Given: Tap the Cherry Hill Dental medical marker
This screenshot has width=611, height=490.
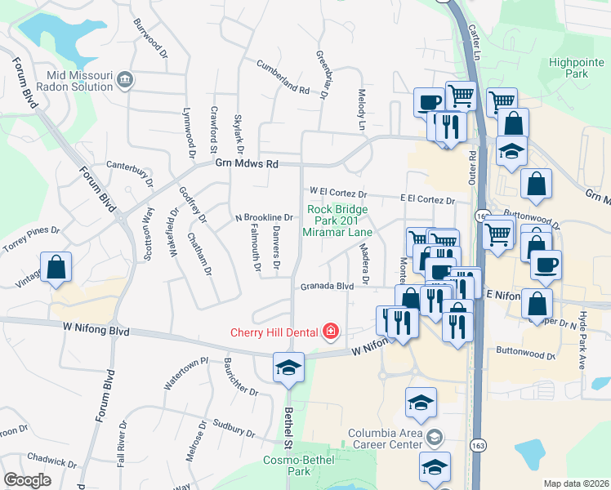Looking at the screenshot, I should coord(331,331).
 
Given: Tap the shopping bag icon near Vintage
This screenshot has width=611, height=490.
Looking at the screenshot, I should coord(56,267).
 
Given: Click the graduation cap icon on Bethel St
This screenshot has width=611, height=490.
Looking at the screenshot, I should coord(288,367).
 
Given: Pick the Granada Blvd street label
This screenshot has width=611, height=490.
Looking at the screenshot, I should coord(326,287).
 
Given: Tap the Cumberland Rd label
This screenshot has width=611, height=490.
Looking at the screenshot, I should coord(283,78).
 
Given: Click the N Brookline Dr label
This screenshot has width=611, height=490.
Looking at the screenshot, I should coord(264,217).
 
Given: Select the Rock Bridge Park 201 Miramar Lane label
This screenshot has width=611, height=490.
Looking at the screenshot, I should coord(337,220).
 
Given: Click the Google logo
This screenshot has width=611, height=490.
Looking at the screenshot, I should coord(27,480).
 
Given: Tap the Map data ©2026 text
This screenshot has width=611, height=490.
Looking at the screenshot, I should coord(577,483).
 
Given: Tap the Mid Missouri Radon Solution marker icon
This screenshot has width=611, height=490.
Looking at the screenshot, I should coord(126,79).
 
